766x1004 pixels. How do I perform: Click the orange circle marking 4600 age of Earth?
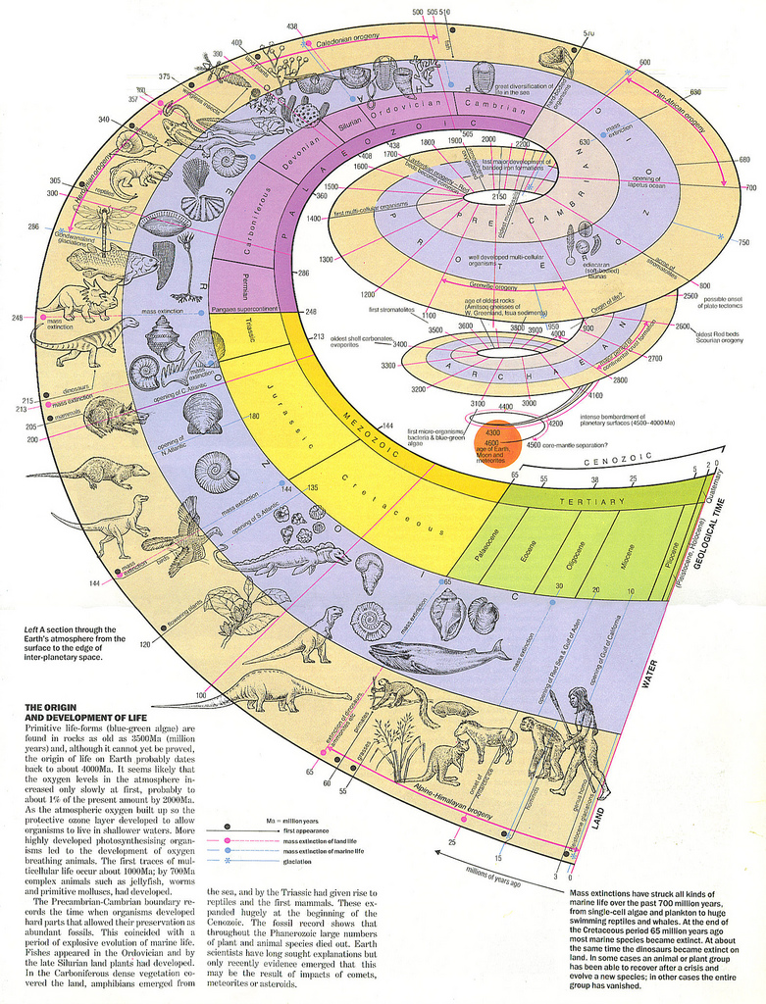(493, 437)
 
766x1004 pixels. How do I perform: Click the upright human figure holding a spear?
(582, 740)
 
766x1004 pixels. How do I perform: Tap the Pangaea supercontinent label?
(254, 311)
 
